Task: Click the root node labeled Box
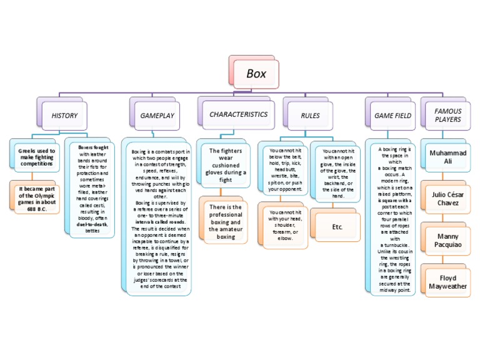(x=256, y=74)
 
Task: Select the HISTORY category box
(x=64, y=116)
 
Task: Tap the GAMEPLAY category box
(x=157, y=116)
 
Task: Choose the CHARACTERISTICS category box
(x=238, y=115)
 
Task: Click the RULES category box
(x=310, y=116)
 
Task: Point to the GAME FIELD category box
(x=392, y=116)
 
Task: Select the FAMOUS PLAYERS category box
(x=447, y=115)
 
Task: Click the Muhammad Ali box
(x=447, y=157)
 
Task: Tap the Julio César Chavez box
(x=447, y=199)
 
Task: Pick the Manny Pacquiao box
(x=447, y=241)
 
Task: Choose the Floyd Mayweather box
(x=447, y=282)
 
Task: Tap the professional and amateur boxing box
(x=226, y=222)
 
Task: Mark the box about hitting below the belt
(x=285, y=170)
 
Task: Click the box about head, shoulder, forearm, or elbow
(x=285, y=225)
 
